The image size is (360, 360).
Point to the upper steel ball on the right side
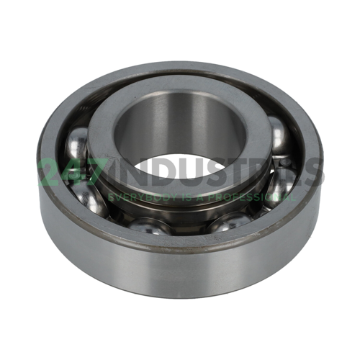(x=279, y=135)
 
